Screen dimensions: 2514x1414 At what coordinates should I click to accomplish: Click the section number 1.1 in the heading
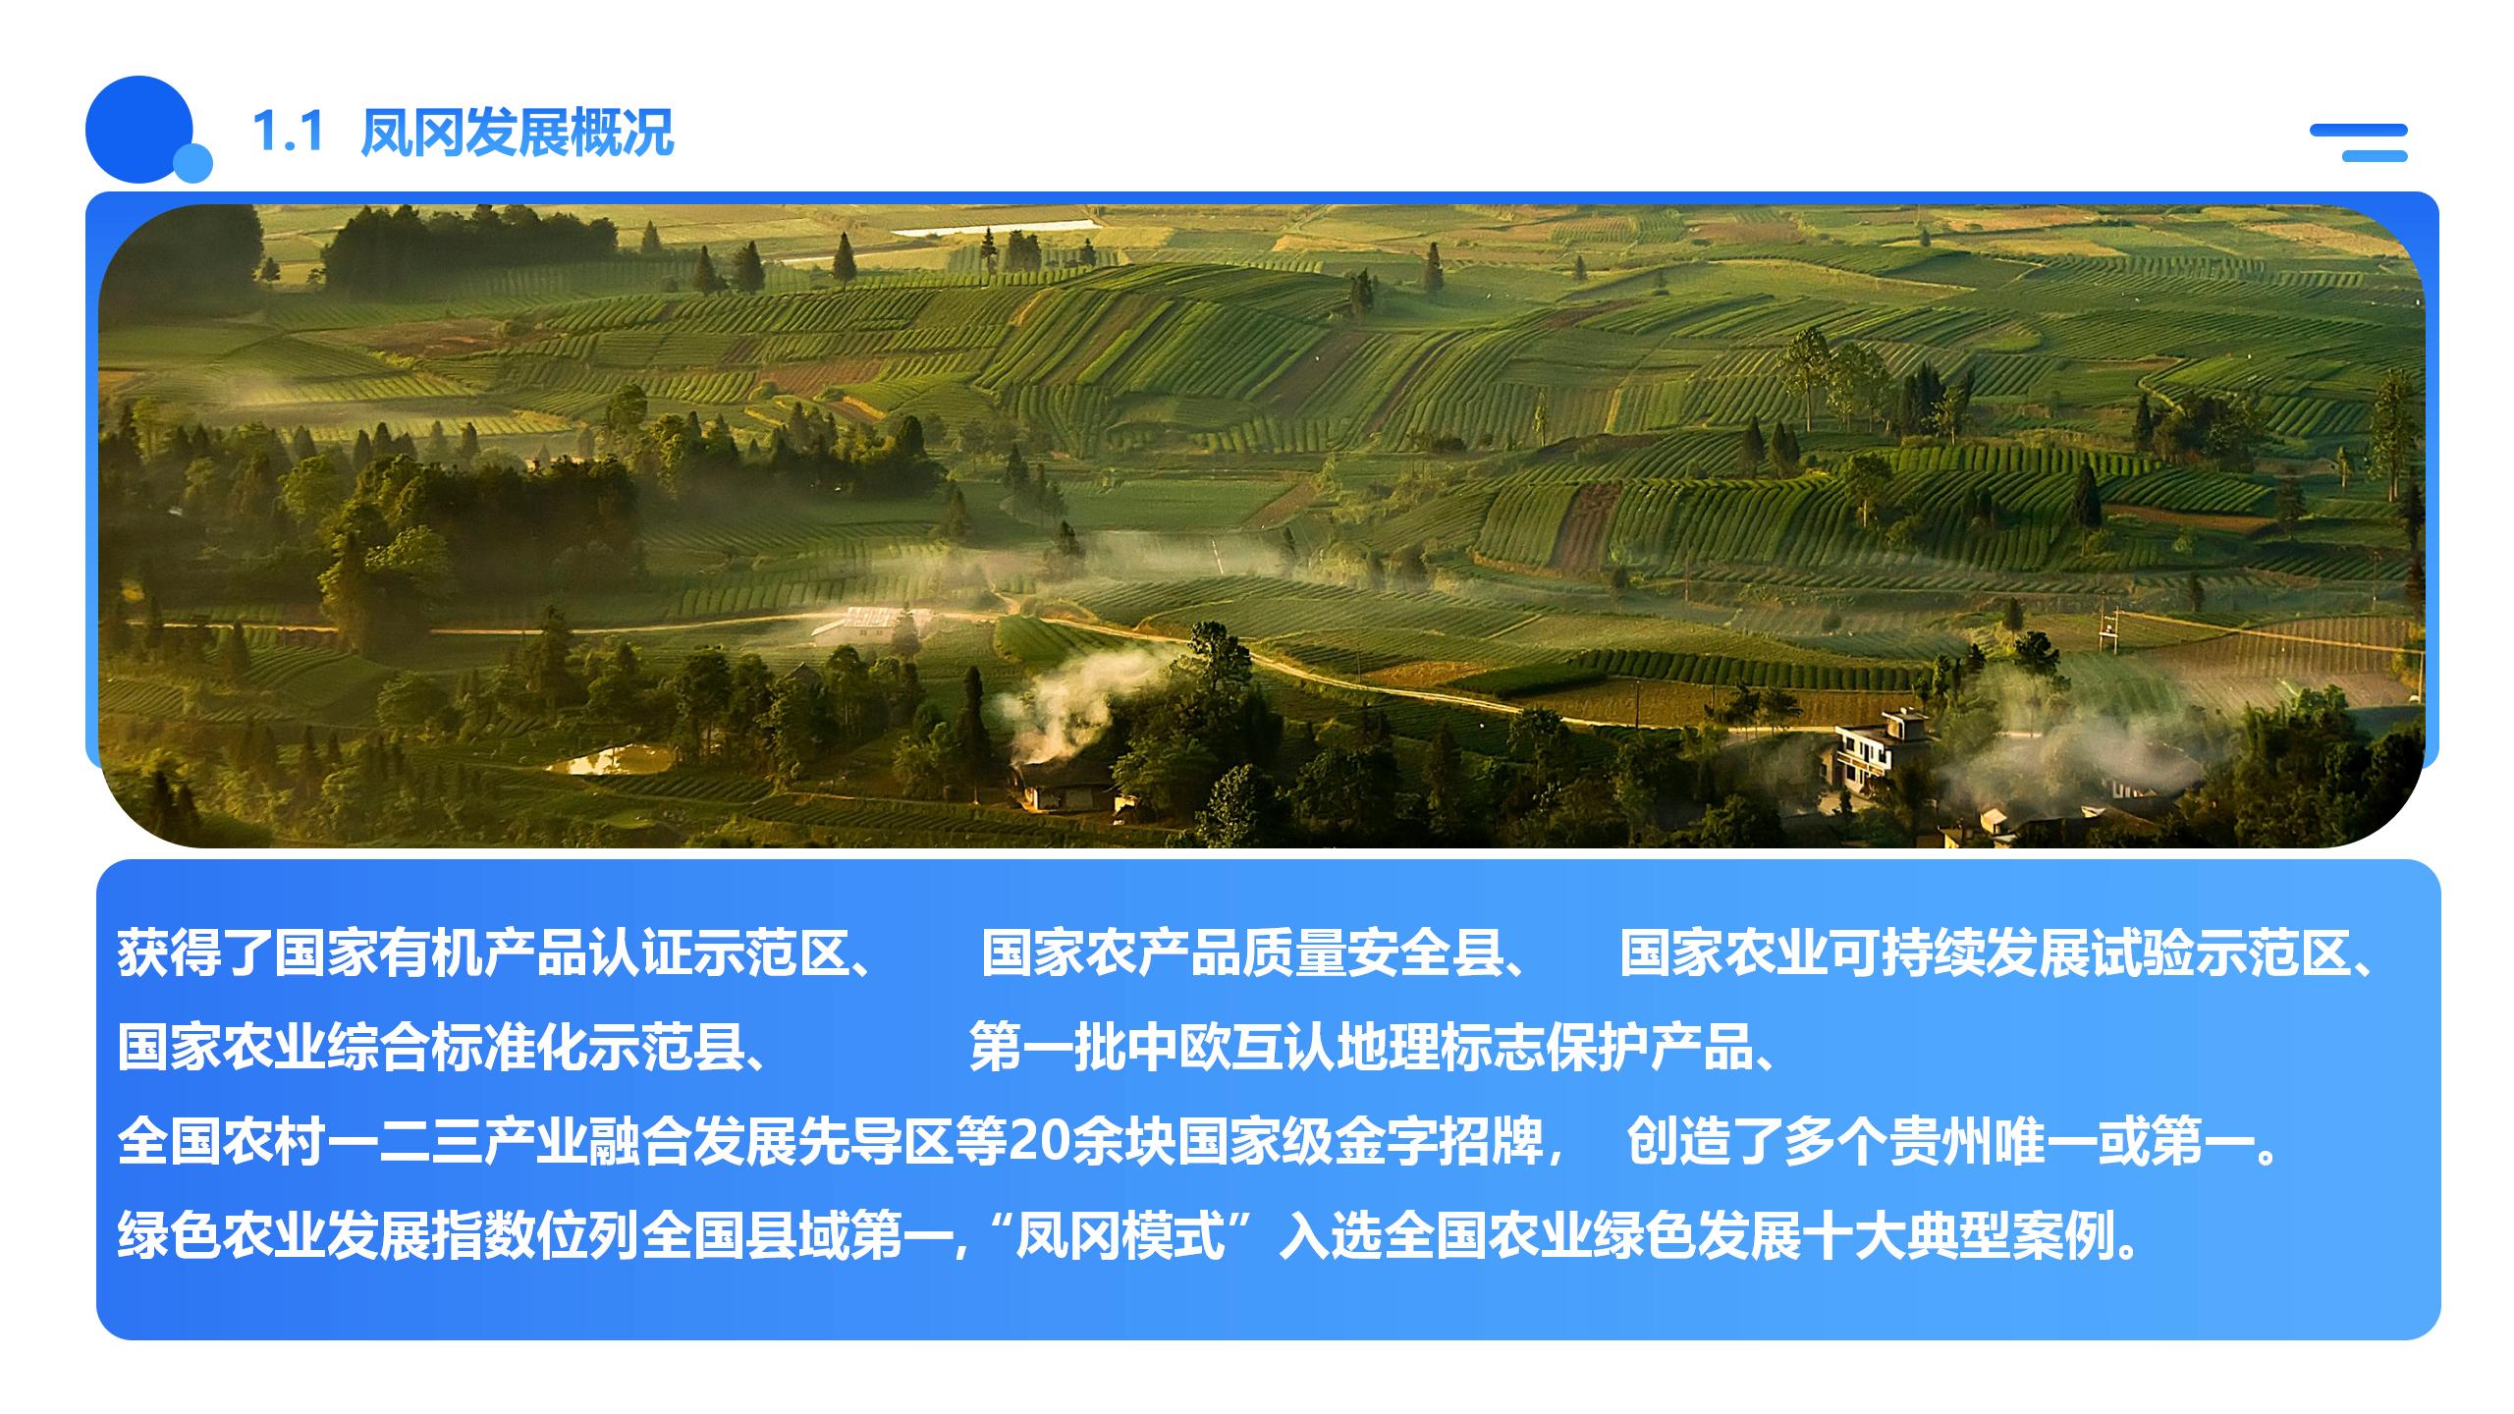tap(288, 132)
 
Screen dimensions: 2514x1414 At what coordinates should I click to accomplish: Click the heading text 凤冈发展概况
tap(518, 132)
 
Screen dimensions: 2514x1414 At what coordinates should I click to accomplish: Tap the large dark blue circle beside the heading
tap(139, 130)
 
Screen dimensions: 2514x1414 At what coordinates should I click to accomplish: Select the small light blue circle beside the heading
tap(192, 163)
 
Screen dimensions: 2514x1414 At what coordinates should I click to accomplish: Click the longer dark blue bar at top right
tap(2359, 131)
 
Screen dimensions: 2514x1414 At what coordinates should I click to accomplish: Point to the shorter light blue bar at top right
tap(2375, 156)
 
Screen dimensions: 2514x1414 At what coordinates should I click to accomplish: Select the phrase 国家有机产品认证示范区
tap(561, 952)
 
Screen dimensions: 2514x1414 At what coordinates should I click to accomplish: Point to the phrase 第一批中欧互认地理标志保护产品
tap(1361, 1047)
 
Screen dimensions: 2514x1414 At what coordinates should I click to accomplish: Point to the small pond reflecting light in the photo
tap(609, 760)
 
